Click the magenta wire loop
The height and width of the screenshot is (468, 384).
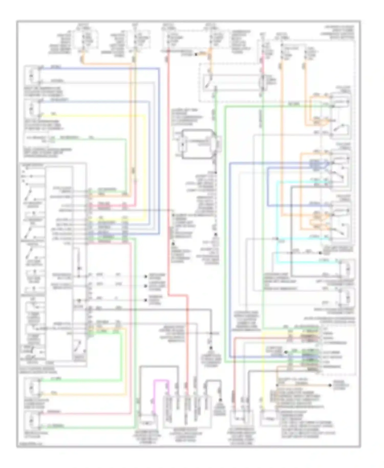161,382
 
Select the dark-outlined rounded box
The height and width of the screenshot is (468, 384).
197,144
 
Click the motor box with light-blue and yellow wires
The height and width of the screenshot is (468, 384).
32,109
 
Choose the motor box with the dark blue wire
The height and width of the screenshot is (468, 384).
32,76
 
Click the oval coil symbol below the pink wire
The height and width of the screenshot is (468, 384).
262,82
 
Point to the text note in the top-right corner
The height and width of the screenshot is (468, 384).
337,32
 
